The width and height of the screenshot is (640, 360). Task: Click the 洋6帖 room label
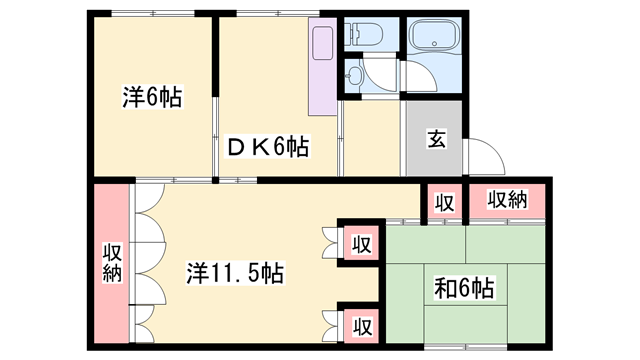(x=153, y=98)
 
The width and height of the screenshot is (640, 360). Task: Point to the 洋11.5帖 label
(x=235, y=272)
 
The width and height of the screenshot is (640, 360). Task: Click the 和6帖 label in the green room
(x=463, y=290)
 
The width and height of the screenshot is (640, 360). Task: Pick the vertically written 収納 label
(x=111, y=262)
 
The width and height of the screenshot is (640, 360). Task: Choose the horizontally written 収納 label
(x=507, y=200)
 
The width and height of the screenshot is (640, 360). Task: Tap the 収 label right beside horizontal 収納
(x=444, y=202)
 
